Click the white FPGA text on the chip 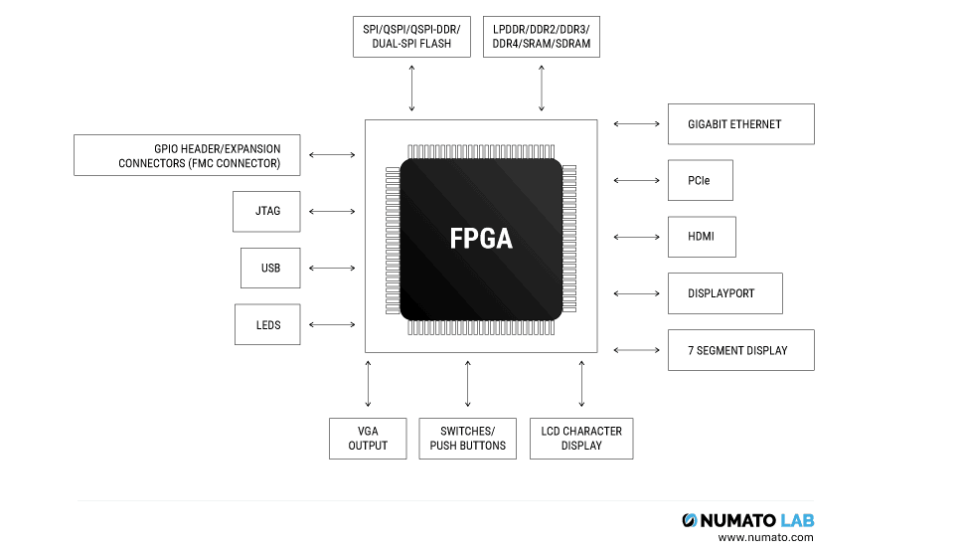point(481,239)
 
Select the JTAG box point(266,211)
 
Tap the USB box point(270,268)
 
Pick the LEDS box point(267,324)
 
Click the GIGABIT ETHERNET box point(740,124)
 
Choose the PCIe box point(700,181)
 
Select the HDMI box point(701,237)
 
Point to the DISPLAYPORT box point(724,293)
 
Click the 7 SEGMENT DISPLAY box point(740,350)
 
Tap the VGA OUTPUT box point(368,438)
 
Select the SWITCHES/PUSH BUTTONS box point(467,438)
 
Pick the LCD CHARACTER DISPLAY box point(581,438)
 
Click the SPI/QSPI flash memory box point(410,37)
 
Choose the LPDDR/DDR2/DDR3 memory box point(541,37)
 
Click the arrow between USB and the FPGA point(332,268)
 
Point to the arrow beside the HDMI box point(636,237)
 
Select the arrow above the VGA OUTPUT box point(368,384)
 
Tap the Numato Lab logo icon point(690,520)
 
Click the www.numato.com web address point(764,538)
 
